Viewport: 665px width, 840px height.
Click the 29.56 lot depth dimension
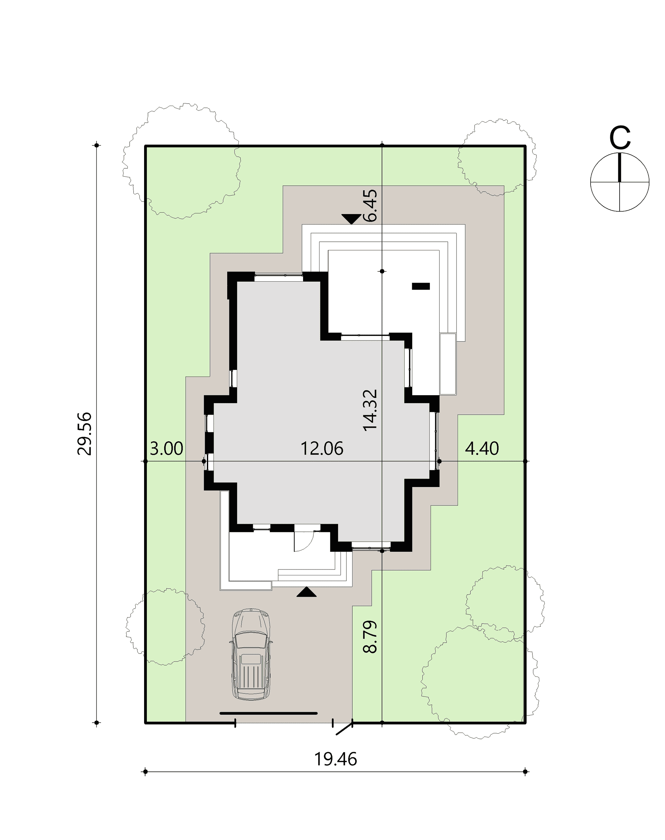tap(85, 433)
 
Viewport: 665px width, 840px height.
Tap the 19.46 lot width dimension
tap(336, 759)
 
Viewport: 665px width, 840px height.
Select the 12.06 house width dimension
tap(322, 449)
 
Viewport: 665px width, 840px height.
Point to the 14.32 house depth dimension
tap(370, 410)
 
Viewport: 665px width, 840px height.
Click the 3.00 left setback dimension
tap(166, 449)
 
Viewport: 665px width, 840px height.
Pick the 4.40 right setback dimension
tap(482, 449)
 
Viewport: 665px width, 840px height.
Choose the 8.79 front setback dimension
tap(370, 637)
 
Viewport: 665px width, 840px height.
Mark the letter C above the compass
tap(619, 138)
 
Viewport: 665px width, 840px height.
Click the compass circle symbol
tap(619, 182)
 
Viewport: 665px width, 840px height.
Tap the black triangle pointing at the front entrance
tap(307, 592)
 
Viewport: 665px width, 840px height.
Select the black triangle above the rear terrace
tap(351, 219)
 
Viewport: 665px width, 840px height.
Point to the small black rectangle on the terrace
tap(421, 286)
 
